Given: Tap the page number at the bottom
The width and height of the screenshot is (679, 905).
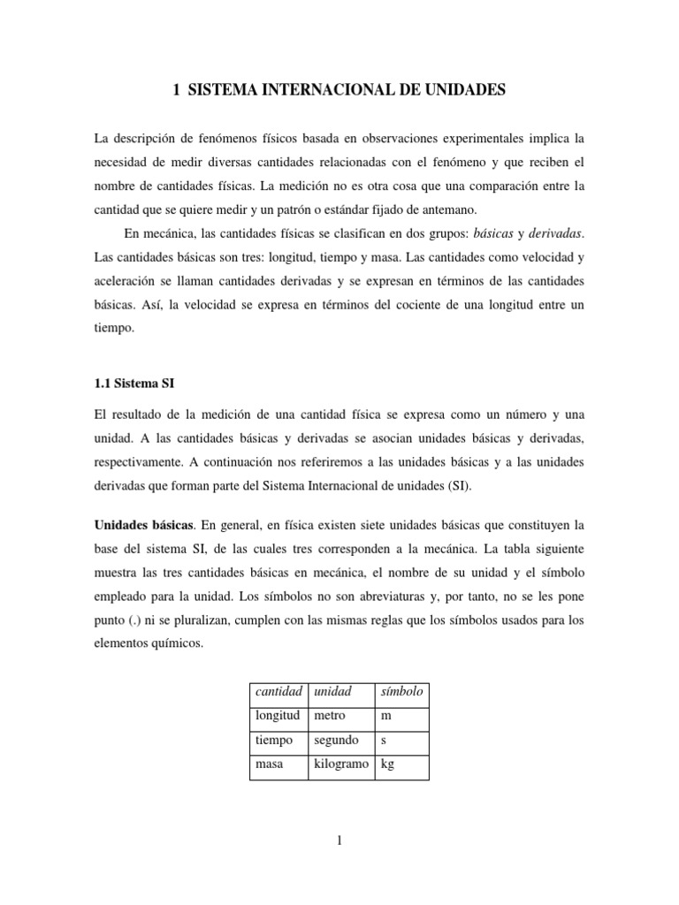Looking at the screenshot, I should (339, 840).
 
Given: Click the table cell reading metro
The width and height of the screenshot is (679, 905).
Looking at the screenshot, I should (330, 716).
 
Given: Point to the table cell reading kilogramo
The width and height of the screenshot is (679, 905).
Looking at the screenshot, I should (341, 764).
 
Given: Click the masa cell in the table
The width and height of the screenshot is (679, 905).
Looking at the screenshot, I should (268, 764).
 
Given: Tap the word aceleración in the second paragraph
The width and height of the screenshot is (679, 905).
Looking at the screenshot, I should (128, 280).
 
